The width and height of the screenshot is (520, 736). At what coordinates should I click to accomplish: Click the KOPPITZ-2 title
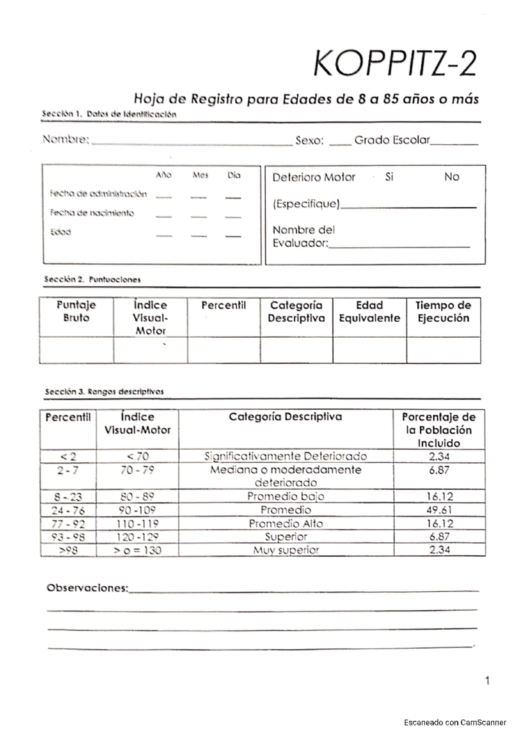tap(394, 64)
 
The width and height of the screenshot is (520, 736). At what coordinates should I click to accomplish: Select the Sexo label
tap(309, 140)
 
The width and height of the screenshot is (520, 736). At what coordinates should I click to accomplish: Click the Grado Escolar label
tap(392, 140)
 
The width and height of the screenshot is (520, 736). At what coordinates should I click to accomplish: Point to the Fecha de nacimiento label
tap(92, 213)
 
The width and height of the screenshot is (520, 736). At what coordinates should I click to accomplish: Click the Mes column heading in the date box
tap(200, 176)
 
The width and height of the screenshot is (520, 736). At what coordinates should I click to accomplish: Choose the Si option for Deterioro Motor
tap(389, 177)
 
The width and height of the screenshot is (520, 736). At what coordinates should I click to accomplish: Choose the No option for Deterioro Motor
tap(452, 177)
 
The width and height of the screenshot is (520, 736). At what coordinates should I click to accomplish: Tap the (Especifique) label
tap(306, 204)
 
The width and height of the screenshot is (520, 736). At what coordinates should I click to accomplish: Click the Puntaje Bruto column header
tap(76, 311)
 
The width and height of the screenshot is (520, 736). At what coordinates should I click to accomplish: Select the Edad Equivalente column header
tap(369, 312)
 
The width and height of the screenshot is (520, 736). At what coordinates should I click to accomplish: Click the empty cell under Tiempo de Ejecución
tap(443, 350)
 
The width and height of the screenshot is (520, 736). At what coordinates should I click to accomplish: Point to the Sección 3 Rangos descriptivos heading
tap(104, 391)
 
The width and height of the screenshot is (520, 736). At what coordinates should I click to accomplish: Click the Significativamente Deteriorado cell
tap(286, 456)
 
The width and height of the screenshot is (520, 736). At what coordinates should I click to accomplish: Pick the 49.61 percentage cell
tap(439, 510)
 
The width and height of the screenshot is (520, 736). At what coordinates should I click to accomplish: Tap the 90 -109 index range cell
tap(137, 510)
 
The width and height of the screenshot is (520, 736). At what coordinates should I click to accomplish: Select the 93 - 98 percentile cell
tap(68, 537)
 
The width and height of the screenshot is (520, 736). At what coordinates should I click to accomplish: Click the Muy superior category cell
tap(286, 550)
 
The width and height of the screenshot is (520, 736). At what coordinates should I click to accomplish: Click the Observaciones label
tap(88, 588)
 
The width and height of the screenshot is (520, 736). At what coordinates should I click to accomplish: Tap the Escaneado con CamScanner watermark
tap(455, 723)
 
